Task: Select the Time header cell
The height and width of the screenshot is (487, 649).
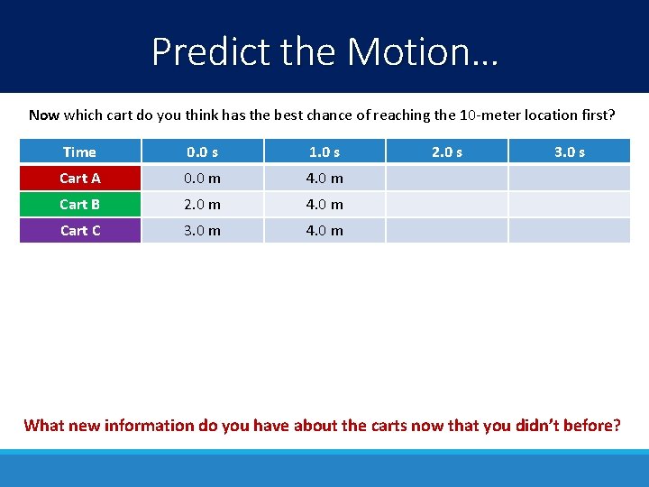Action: click(x=80, y=152)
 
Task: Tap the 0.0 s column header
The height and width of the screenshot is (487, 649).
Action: click(x=202, y=152)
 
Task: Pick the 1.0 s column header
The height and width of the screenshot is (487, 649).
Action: click(x=324, y=152)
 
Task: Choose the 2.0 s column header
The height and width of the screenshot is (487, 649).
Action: click(x=446, y=152)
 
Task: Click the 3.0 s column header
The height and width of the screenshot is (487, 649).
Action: click(x=569, y=152)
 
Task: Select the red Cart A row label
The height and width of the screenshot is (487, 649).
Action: click(x=80, y=178)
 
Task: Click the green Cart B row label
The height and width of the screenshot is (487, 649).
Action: click(x=80, y=204)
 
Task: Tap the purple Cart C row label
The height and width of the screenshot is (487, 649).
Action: click(x=80, y=230)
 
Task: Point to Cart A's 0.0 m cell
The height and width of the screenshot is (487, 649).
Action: click(x=202, y=178)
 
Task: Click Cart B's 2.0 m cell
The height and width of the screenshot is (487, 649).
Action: click(x=202, y=204)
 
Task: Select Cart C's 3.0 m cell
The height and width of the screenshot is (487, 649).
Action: click(x=202, y=230)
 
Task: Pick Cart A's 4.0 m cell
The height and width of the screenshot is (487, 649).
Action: click(x=324, y=178)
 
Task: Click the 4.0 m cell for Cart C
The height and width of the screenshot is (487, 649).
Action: click(x=324, y=230)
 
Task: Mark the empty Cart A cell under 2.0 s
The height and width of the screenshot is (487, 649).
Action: click(x=446, y=178)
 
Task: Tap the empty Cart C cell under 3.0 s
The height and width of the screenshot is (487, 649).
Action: click(x=569, y=230)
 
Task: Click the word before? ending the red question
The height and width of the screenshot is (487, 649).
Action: click(x=591, y=425)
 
